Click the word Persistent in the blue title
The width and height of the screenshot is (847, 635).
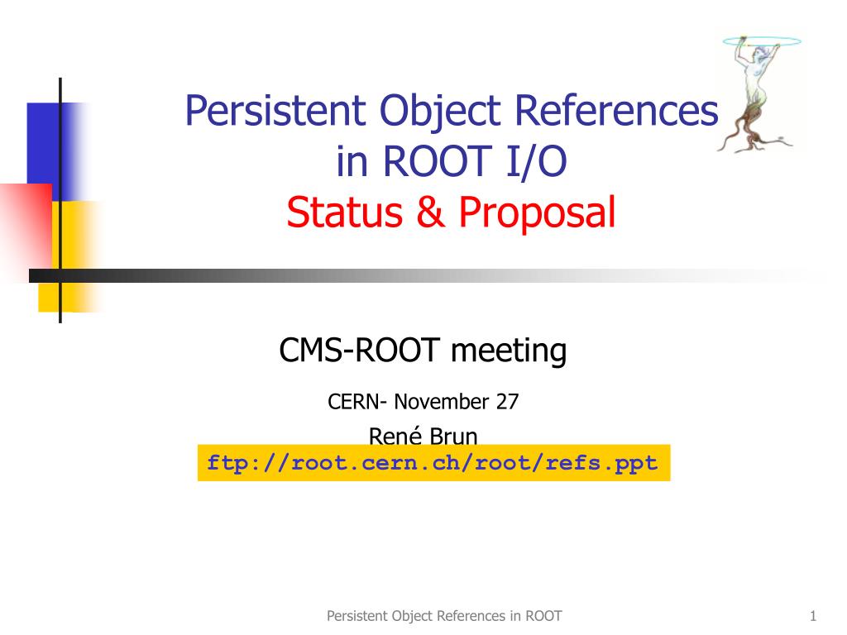click(x=275, y=111)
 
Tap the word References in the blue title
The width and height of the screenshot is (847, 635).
click(x=616, y=111)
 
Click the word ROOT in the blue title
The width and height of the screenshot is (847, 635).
click(x=437, y=161)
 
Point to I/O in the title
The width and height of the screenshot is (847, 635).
click(x=536, y=161)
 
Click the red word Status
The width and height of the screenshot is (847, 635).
click(x=345, y=212)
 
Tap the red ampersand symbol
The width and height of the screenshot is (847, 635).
click(x=430, y=212)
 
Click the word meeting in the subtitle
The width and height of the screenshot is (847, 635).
click(x=509, y=351)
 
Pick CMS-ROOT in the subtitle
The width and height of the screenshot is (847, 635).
click(x=359, y=350)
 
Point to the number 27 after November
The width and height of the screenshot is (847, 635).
click(x=507, y=402)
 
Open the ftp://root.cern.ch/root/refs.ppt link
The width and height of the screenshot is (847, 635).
click(x=433, y=463)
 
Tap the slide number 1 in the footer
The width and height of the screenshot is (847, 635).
click(x=813, y=615)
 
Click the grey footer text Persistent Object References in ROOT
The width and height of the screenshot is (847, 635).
click(x=444, y=616)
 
